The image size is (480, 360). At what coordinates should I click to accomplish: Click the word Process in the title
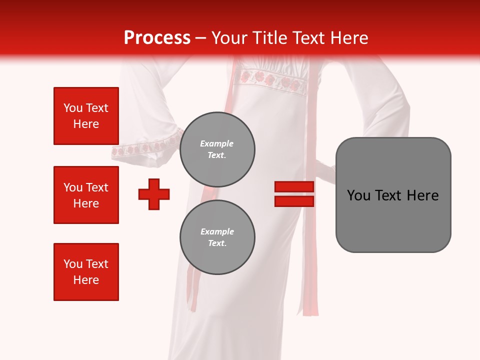[x=157, y=38]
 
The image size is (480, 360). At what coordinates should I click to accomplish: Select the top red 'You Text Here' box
[x=86, y=116]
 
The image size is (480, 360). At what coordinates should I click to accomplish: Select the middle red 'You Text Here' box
[x=86, y=195]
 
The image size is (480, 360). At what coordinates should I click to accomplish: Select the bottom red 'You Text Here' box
[x=86, y=272]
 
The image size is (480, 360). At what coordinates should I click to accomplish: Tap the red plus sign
[x=154, y=194]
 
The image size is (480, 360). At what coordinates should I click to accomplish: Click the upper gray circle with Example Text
[x=217, y=149]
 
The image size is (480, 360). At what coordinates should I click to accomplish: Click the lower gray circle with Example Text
[x=217, y=237]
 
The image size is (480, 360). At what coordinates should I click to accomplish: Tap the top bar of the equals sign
[x=294, y=187]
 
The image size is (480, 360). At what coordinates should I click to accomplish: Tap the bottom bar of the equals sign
[x=294, y=201]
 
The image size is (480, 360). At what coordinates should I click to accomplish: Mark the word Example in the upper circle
[x=217, y=143]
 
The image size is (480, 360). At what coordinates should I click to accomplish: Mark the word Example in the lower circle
[x=217, y=231]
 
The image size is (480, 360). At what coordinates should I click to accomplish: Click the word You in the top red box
[x=72, y=108]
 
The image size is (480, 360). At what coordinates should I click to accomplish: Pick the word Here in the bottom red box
[x=86, y=280]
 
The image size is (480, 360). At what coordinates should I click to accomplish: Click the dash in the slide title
[x=201, y=38]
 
